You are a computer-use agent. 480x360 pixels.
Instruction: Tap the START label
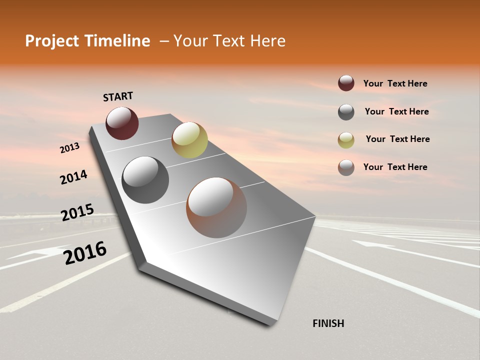118,96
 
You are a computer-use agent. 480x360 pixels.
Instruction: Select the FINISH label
328,323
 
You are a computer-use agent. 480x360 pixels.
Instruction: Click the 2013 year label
70,148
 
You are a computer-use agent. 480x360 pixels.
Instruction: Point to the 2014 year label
74,177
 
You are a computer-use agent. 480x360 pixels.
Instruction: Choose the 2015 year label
77,212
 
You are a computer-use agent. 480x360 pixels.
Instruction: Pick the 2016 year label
85,252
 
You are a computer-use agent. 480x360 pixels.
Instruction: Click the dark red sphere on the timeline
122,123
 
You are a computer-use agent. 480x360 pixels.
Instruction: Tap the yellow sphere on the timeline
189,139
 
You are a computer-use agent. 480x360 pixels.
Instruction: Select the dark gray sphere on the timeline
145,180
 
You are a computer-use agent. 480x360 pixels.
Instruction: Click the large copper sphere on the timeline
216,207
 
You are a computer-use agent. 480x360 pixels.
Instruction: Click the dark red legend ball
346,83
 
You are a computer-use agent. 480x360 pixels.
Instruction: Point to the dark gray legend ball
346,112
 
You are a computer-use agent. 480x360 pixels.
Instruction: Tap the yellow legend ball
346,140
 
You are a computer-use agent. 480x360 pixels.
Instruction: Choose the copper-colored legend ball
346,167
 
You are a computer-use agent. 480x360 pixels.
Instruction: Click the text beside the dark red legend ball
395,83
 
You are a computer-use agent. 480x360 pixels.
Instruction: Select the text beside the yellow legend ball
397,139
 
